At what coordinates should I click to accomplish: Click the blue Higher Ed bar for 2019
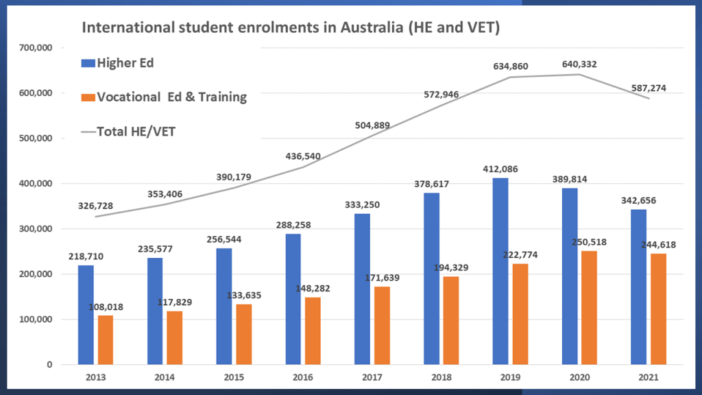(500, 271)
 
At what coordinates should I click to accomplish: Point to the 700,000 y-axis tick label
(35, 48)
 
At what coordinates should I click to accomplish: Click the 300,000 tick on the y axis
(35, 229)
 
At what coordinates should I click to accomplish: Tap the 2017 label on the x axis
(371, 377)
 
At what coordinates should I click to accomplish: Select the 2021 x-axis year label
(647, 377)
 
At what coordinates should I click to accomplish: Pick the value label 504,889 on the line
(371, 124)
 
